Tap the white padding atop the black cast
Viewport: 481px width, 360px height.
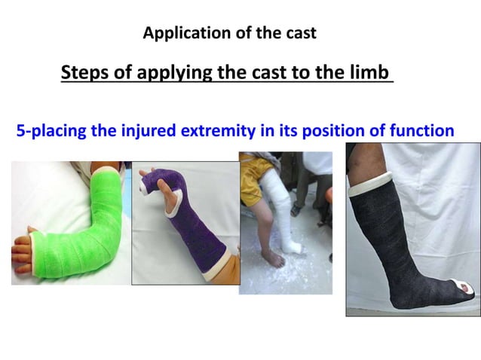(x=369, y=182)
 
